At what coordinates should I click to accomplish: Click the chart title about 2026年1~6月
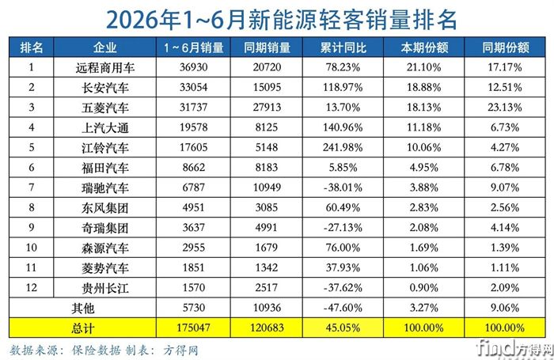tap(282, 19)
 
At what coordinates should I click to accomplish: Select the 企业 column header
tap(105, 47)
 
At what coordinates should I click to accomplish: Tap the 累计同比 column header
tap(343, 47)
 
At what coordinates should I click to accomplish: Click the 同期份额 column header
tap(505, 47)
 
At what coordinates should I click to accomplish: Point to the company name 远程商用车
tap(105, 67)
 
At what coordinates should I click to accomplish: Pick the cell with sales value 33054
tap(194, 87)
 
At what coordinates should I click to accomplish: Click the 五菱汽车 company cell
tap(105, 108)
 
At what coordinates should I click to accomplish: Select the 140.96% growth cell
tap(343, 127)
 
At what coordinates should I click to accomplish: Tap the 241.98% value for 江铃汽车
tap(343, 147)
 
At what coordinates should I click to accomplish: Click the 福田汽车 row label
tap(105, 168)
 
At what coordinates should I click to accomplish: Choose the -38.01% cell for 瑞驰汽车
tap(343, 188)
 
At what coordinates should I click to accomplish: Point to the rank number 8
tap(32, 207)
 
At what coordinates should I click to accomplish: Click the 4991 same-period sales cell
tap(267, 227)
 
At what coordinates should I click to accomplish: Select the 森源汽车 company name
tap(105, 248)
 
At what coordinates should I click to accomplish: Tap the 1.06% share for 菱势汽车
tap(424, 267)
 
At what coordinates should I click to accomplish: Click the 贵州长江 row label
tap(105, 288)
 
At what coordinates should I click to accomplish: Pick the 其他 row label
tap(82, 308)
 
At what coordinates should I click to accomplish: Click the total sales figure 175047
tap(194, 328)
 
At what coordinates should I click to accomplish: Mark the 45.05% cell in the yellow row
tap(343, 328)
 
